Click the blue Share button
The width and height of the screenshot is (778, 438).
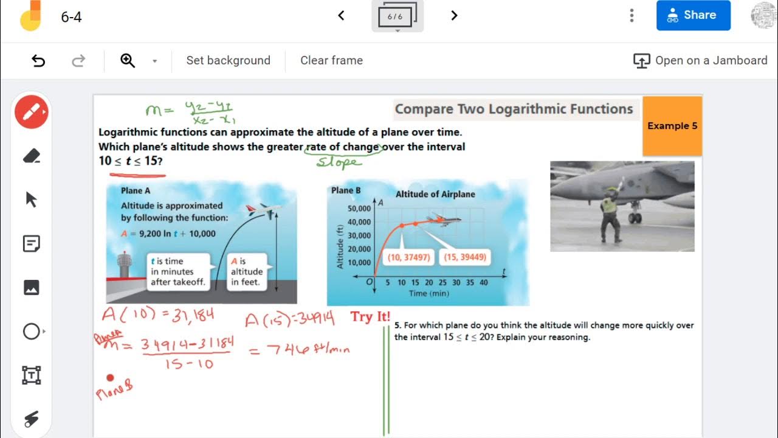coord(693,15)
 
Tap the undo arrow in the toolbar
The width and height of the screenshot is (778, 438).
coord(38,60)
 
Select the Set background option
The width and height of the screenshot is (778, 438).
coord(228,60)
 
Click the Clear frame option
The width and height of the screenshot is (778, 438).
coord(331,60)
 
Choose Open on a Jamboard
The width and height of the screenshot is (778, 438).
coord(700,60)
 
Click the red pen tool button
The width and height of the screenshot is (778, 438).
coord(32,112)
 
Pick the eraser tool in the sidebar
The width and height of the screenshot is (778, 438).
coord(32,156)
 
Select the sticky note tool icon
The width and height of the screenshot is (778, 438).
coord(32,244)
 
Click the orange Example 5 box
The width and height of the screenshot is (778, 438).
coord(672,126)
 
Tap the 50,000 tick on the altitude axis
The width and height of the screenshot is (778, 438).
coord(359,209)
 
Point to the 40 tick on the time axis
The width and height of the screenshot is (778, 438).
coord(483,283)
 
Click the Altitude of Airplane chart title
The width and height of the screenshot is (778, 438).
coord(435,194)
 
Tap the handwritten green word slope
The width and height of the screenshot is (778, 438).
coord(339,162)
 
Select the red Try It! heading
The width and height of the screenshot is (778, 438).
coord(370,317)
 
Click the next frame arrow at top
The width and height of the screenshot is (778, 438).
coord(454,15)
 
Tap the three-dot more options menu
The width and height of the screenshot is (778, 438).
coord(632,15)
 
